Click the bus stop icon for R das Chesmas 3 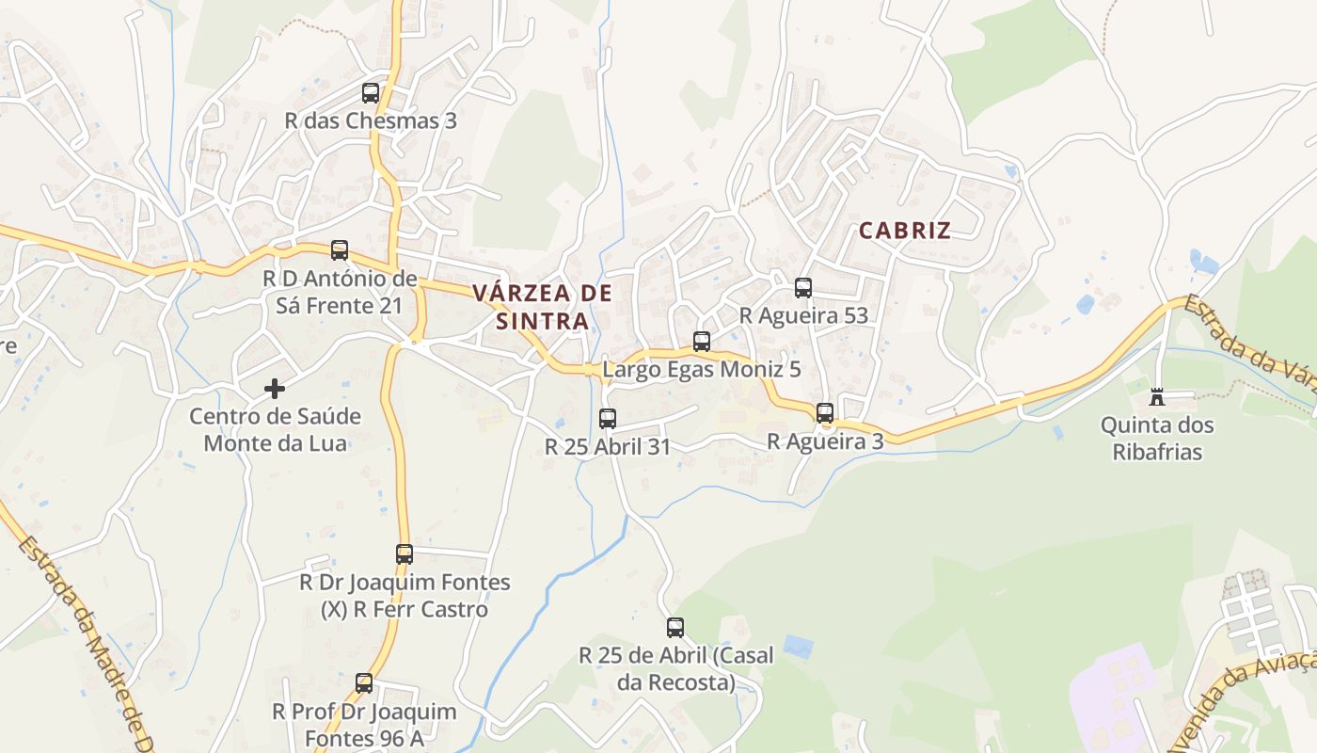coord(371,93)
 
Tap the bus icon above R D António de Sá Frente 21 coord(340,250)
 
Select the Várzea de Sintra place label coord(542,307)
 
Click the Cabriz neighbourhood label coord(904,231)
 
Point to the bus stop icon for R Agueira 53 coord(802,288)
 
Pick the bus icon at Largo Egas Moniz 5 coord(702,342)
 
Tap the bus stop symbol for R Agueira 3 coord(825,413)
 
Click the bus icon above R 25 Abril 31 coord(608,419)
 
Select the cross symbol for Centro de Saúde coord(275,388)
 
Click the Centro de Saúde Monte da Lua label coord(276,430)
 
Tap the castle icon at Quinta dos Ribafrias coord(1157,397)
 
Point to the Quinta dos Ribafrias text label coord(1157,439)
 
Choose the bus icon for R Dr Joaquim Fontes coord(405,554)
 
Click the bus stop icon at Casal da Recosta coord(675,628)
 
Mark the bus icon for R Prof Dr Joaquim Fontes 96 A coord(364,683)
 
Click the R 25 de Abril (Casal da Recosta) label coord(675,668)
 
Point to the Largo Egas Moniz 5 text coord(702,370)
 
